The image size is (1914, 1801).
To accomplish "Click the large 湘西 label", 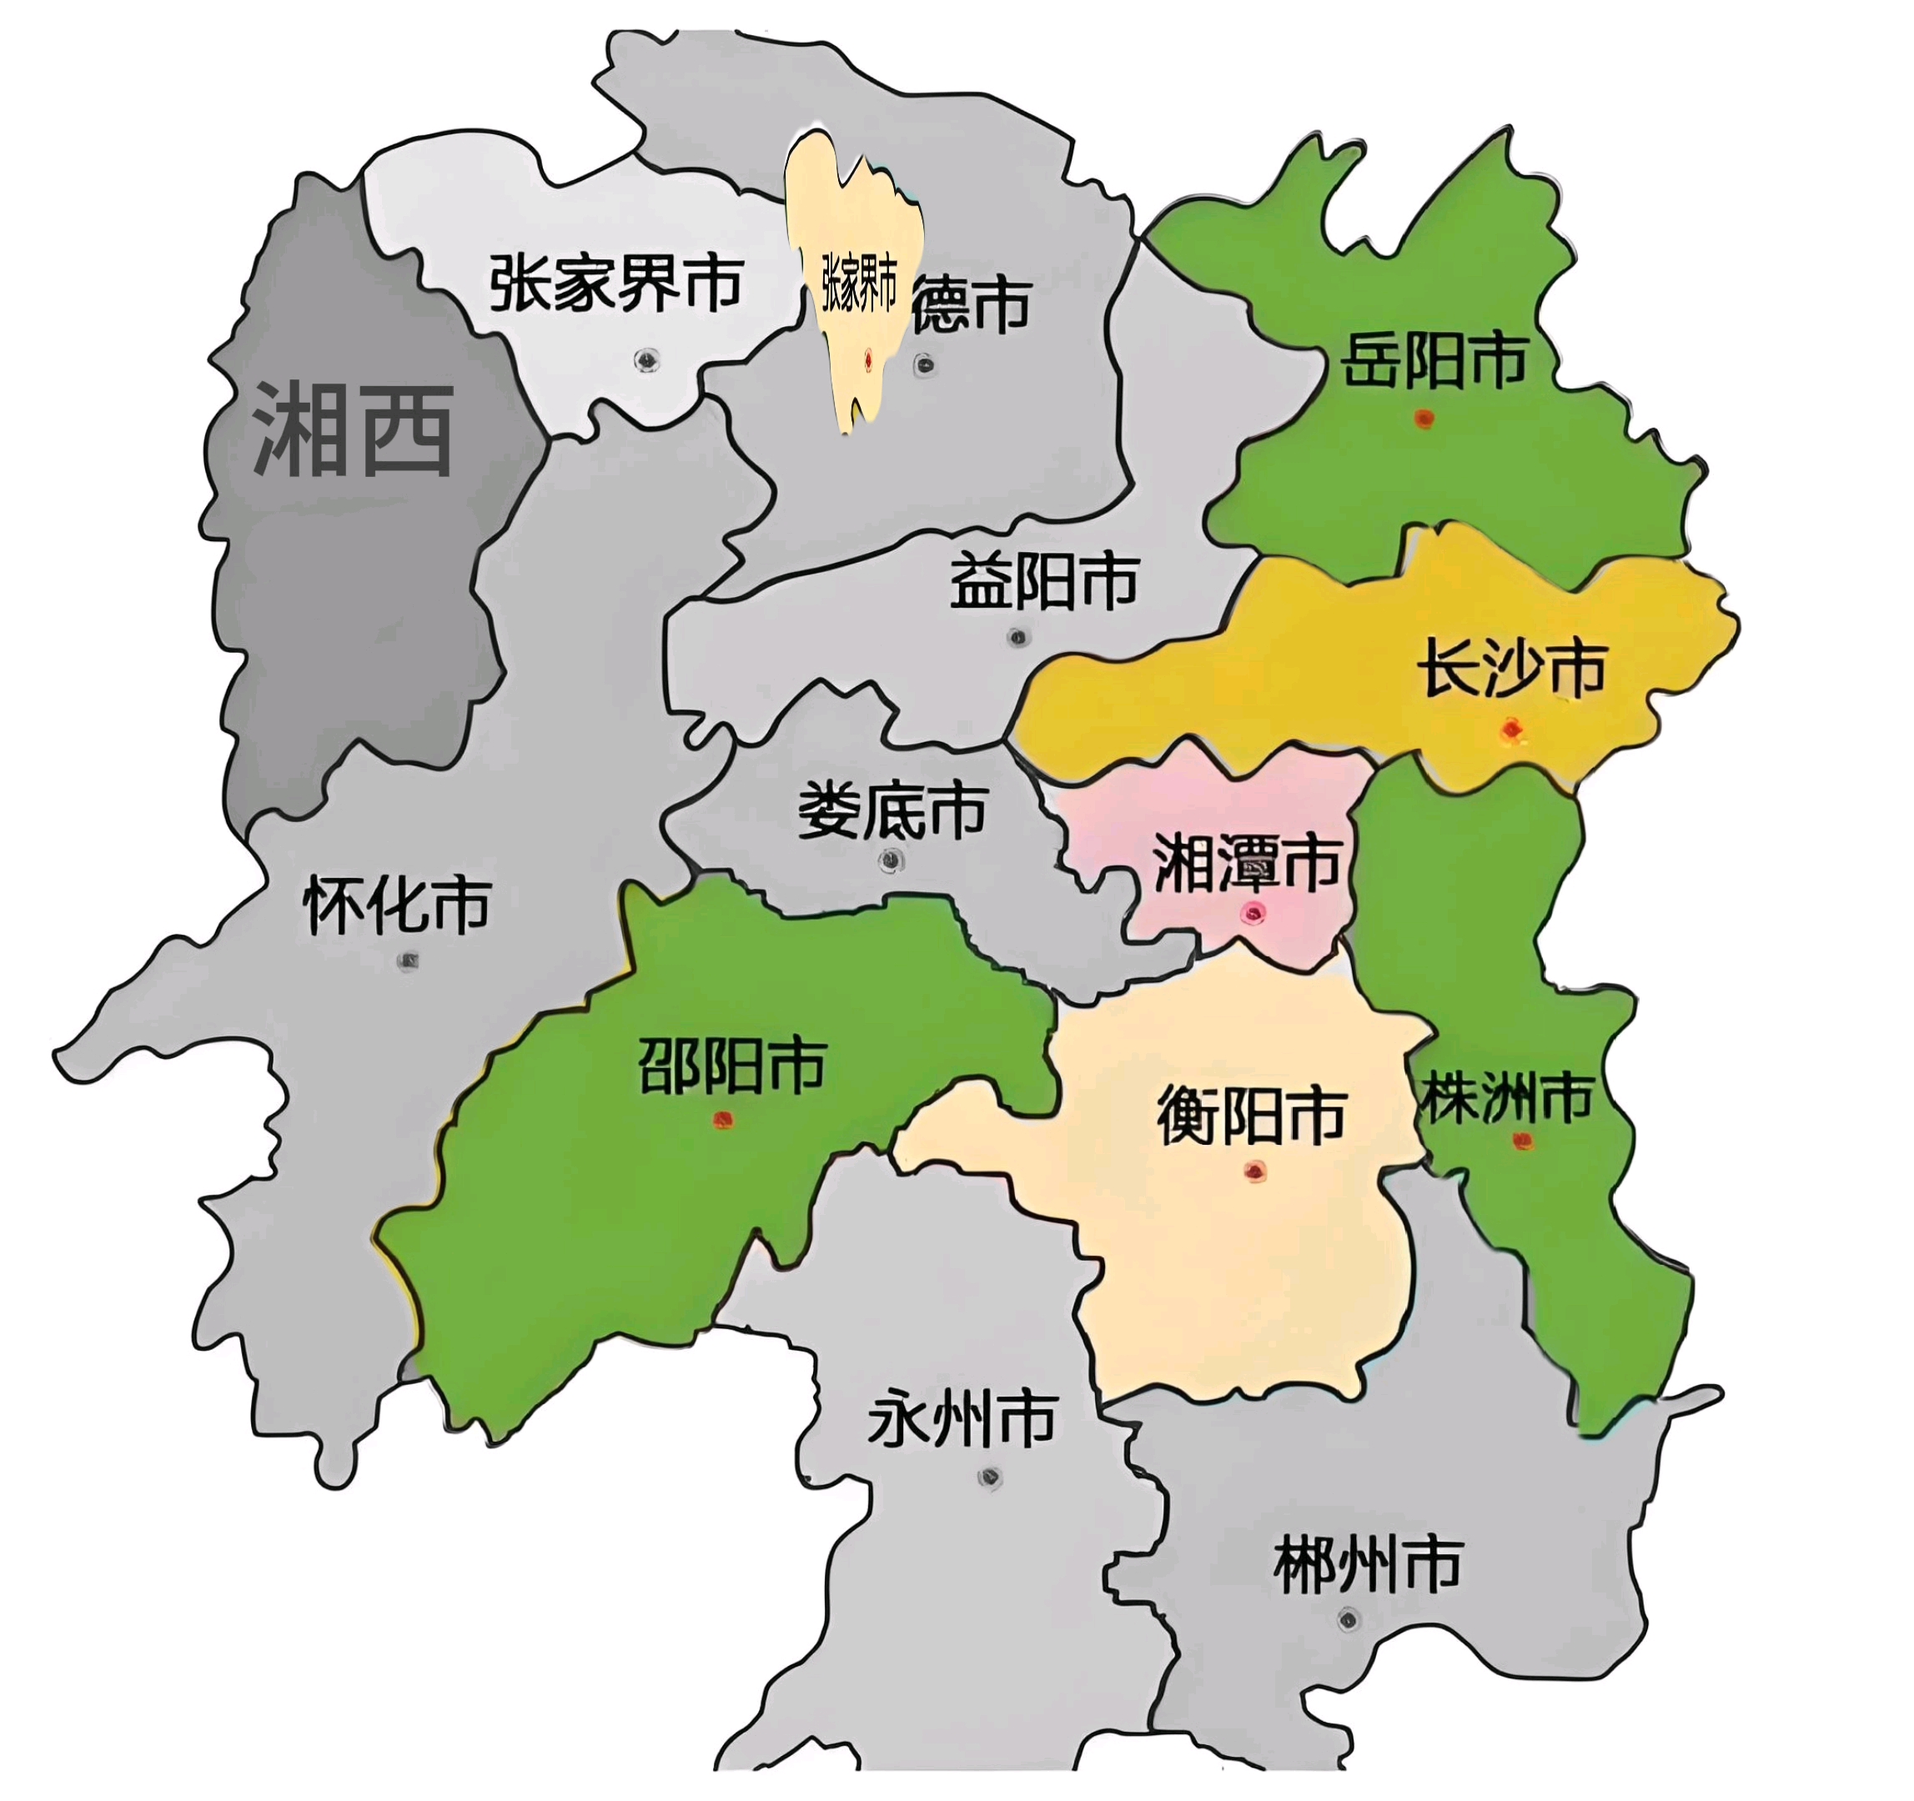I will [353, 429].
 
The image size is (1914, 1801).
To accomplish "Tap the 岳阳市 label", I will [1434, 360].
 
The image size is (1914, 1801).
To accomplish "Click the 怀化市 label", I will [397, 905].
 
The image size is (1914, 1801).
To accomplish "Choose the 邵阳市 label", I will [731, 1066].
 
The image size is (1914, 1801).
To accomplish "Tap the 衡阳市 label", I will [1251, 1116].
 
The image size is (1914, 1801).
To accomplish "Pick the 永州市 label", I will [962, 1419].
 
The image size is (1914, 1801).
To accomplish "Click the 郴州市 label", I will [1368, 1565].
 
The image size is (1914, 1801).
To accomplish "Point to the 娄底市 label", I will [892, 810].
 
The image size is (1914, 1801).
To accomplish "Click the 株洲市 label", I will [1508, 1096].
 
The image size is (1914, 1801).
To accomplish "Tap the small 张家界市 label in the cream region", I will [859, 284].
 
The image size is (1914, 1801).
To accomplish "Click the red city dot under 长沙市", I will [1511, 730].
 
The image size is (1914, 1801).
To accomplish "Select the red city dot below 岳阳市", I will [1424, 418].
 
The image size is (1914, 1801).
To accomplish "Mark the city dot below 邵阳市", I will [723, 1120].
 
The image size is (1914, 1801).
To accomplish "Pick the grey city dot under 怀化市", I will [408, 961].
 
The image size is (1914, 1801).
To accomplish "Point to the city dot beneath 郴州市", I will [1349, 1621].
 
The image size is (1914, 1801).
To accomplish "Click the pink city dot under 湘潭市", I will [1253, 912].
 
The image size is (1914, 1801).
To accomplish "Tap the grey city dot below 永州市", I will [989, 1477].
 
